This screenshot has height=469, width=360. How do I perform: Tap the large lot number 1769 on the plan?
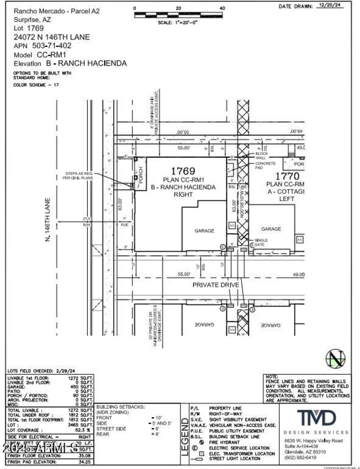point(182,171)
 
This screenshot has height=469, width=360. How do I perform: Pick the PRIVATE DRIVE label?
point(214,285)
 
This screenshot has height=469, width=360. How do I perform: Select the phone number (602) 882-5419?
point(301,457)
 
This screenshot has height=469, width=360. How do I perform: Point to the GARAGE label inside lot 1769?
point(204,230)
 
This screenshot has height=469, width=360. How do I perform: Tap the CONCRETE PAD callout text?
point(265,166)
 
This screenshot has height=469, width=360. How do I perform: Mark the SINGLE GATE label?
point(261,242)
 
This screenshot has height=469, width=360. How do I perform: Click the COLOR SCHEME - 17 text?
point(36,85)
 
